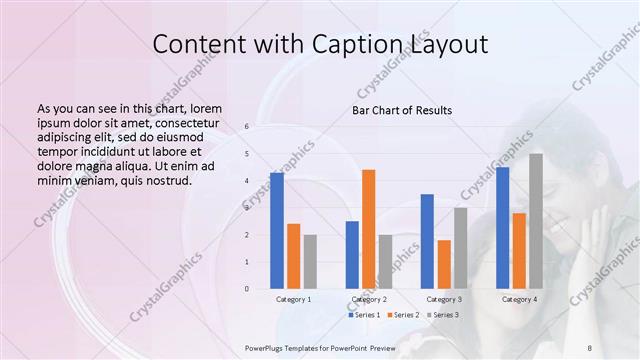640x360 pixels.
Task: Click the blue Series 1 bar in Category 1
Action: [x=277, y=231]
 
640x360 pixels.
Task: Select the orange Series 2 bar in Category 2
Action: [x=369, y=229]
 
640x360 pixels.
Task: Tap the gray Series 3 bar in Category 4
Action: [x=536, y=221]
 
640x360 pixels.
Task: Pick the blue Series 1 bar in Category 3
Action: [x=427, y=241]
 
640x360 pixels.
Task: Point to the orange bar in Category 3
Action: [x=444, y=264]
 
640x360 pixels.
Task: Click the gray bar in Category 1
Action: [x=310, y=261]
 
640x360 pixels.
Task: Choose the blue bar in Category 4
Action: [x=502, y=227]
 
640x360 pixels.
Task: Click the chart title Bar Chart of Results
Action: [x=402, y=110]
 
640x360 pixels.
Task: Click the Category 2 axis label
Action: [x=369, y=299]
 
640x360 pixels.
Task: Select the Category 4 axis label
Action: [x=519, y=299]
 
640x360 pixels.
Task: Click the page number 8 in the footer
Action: [x=589, y=347]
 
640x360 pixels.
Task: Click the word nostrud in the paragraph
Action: [x=166, y=180]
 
